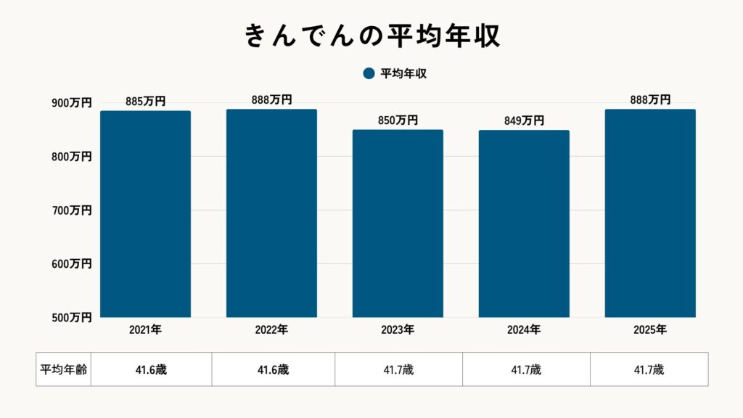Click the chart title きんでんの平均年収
(371, 36)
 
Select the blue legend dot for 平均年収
(368, 73)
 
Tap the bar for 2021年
(145, 214)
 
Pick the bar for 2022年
(271, 213)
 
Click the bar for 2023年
(398, 224)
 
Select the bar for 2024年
(524, 224)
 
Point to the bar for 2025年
(650, 213)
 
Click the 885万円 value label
(145, 102)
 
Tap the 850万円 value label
(398, 120)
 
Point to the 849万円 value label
(524, 120)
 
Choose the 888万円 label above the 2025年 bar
(650, 100)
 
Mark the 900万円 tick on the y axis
(71, 103)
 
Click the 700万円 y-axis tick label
(71, 210)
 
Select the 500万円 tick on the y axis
(71, 317)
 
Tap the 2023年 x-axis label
(398, 330)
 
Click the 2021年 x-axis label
(145, 330)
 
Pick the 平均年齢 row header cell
(63, 369)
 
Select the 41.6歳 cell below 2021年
(151, 369)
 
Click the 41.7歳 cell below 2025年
(649, 369)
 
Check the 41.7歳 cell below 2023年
(398, 369)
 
